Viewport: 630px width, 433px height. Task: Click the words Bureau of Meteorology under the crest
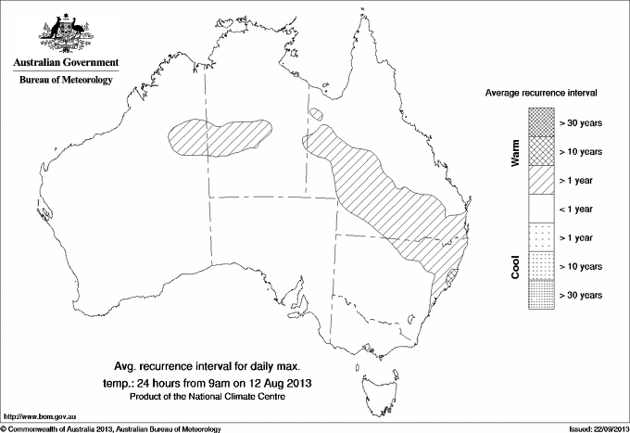65,80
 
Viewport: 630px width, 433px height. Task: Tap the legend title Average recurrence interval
540,95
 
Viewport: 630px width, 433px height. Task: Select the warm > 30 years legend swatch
541,122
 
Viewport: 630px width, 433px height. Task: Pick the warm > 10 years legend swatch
541,151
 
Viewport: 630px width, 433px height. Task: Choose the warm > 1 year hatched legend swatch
541,180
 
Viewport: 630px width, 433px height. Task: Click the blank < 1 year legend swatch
541,209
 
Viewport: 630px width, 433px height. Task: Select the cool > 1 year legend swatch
541,237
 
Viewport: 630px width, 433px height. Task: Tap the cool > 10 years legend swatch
541,266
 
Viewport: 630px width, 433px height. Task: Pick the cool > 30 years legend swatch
541,295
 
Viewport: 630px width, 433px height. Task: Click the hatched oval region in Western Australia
219,140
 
